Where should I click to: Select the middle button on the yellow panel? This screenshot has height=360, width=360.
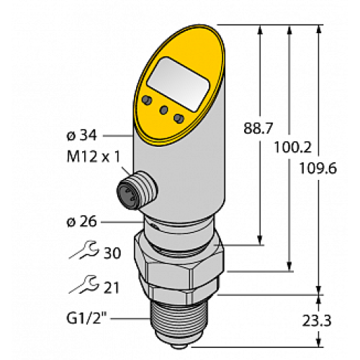point(165,109)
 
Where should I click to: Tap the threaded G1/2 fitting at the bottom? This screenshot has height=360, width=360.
point(184,324)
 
